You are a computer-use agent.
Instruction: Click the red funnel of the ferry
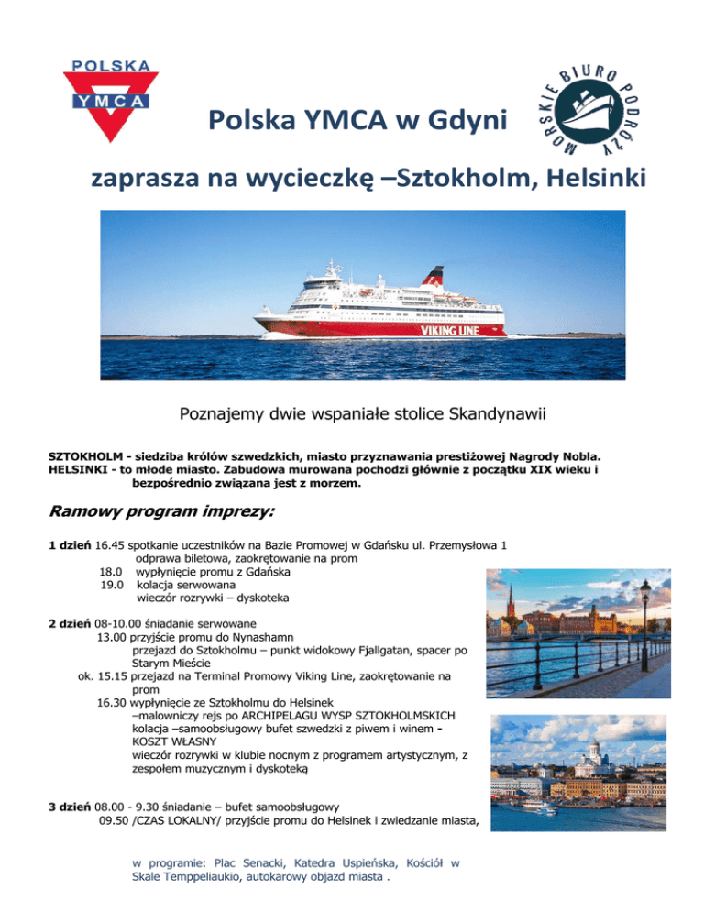point(432,275)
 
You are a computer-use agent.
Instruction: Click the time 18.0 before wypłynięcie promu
point(112,571)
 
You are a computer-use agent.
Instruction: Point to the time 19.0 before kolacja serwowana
point(112,584)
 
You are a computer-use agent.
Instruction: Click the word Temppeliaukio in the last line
point(200,877)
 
